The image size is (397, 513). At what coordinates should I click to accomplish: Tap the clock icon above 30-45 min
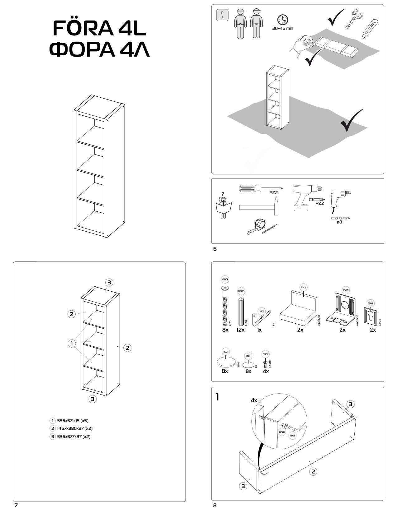click(282, 20)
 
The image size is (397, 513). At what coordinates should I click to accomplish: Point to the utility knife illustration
click(371, 29)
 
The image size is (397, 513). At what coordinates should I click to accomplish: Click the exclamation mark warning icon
click(222, 15)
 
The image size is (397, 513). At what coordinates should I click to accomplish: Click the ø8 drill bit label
click(339, 222)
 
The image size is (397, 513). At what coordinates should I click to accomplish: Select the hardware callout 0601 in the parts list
click(225, 280)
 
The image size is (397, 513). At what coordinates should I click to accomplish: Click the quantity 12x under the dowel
click(240, 330)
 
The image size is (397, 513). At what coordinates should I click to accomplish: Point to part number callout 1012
click(304, 288)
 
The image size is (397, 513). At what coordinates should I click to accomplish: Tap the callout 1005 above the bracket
click(346, 290)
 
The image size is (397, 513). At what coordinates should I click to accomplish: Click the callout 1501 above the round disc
click(225, 352)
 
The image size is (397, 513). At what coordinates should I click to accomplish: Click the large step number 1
click(217, 397)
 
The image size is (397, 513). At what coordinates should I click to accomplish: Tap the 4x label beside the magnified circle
click(254, 400)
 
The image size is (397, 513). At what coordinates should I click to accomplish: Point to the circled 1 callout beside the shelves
click(72, 344)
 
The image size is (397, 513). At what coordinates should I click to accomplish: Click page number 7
click(16, 506)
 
